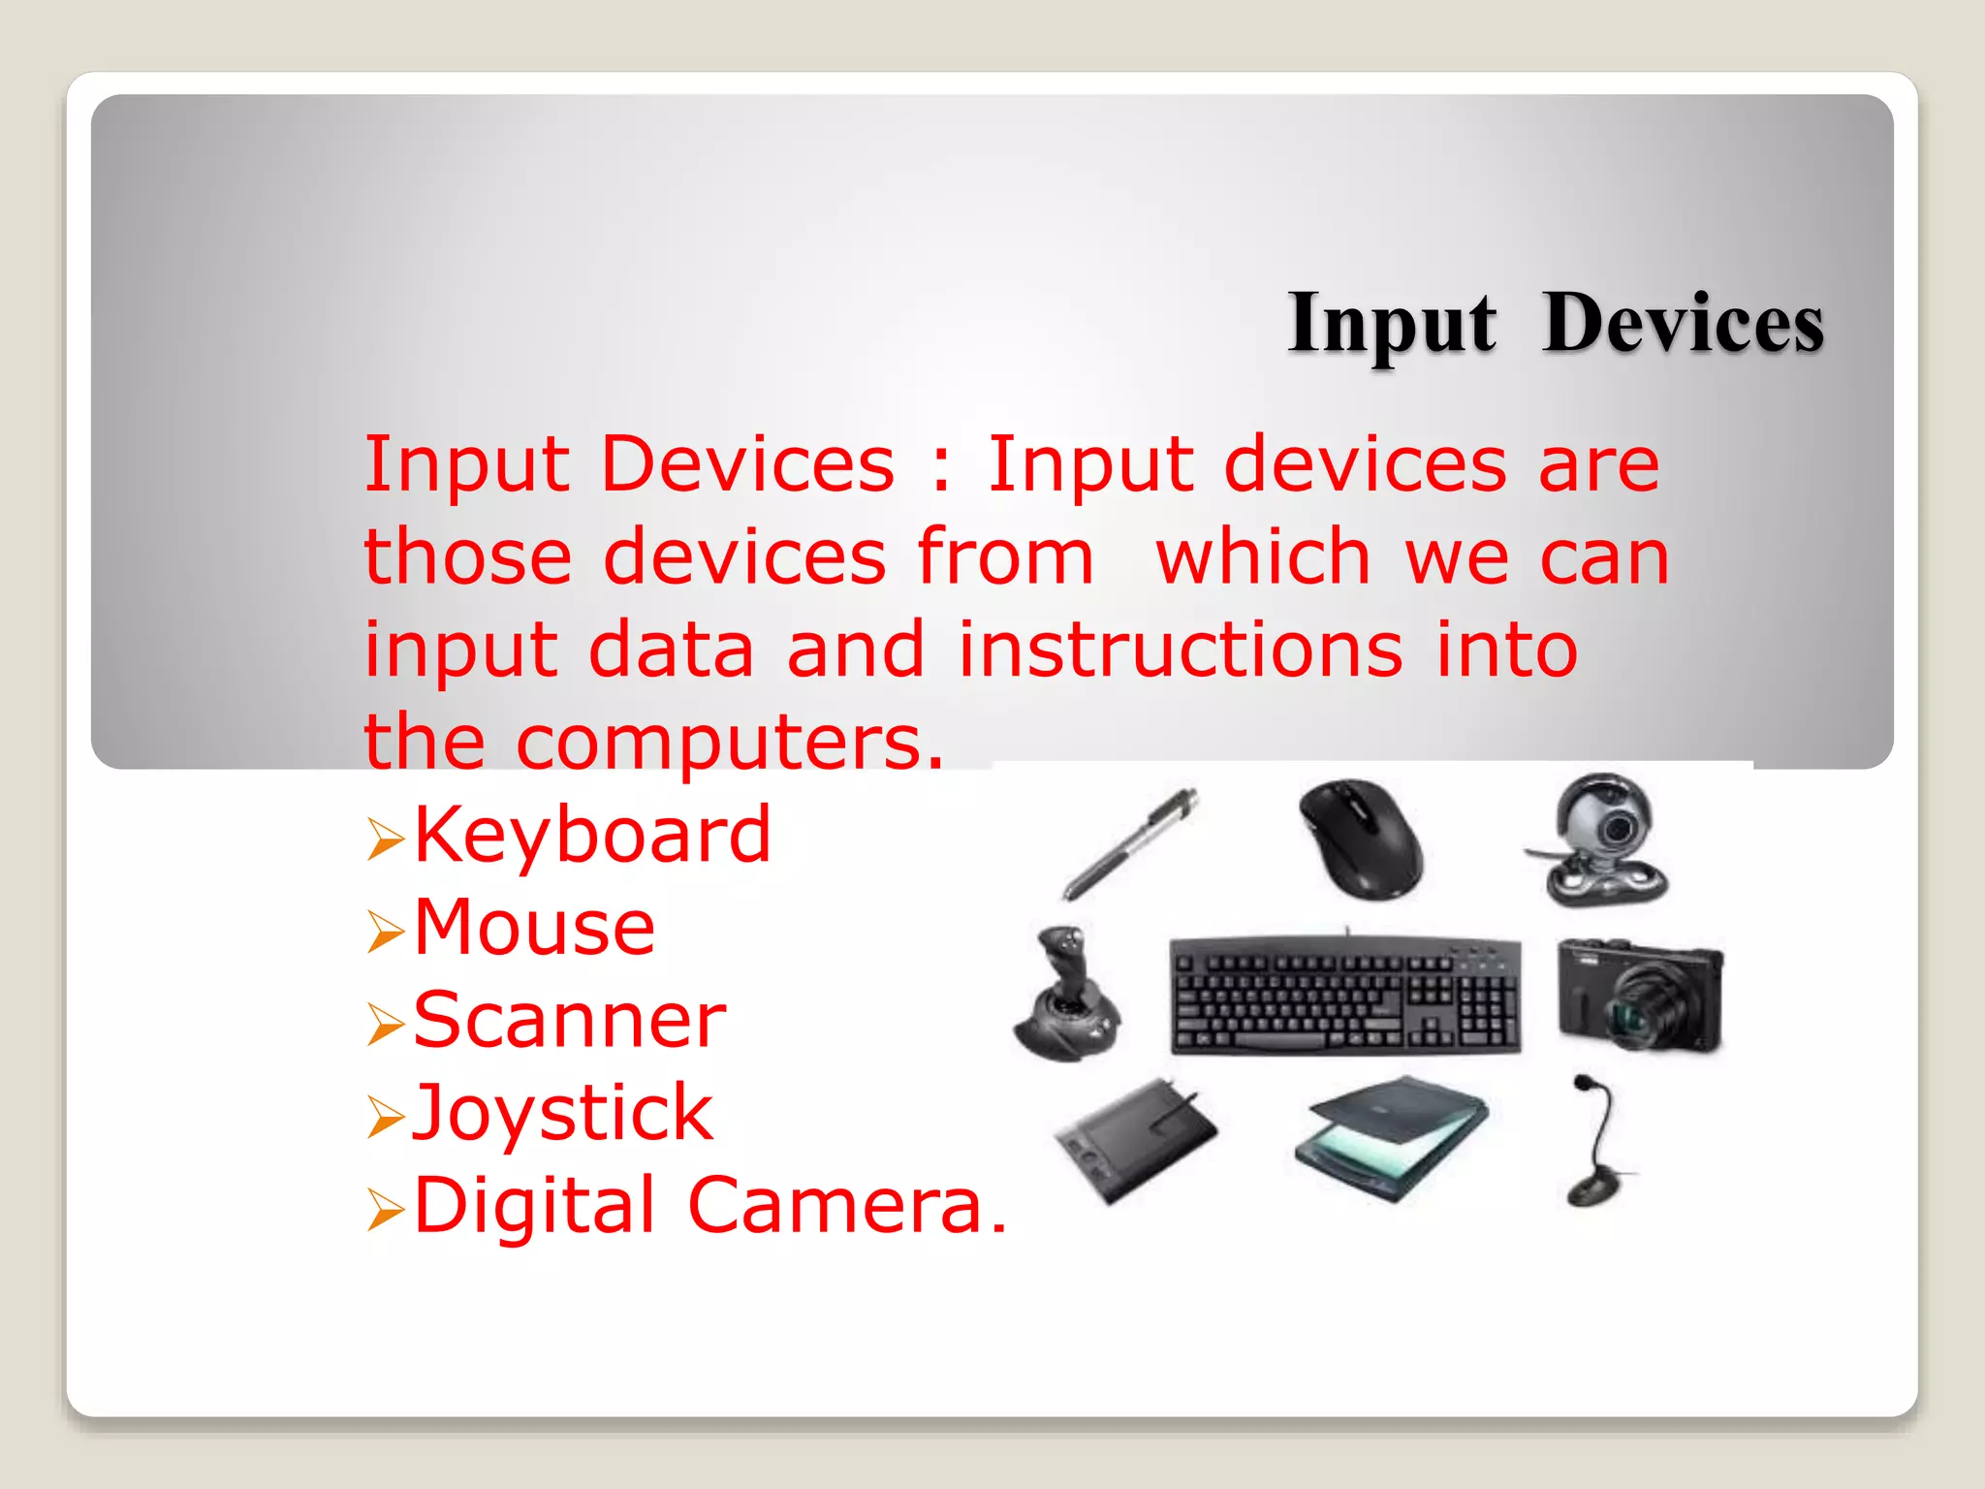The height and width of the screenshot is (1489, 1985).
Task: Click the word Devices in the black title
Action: pos(1684,323)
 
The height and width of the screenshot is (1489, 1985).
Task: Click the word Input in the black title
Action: pos(1392,325)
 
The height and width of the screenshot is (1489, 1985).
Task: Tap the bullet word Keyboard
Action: pos(591,835)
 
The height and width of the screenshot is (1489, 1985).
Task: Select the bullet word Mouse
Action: pos(534,928)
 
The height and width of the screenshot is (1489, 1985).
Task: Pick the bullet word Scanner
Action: pos(569,1021)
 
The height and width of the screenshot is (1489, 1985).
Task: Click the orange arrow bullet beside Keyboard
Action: pos(385,839)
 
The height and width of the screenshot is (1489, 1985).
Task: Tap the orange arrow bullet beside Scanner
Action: pos(385,1025)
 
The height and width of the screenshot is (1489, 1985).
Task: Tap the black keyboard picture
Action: pos(1345,996)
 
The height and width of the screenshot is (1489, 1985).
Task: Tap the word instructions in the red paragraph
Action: pos(1180,650)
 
